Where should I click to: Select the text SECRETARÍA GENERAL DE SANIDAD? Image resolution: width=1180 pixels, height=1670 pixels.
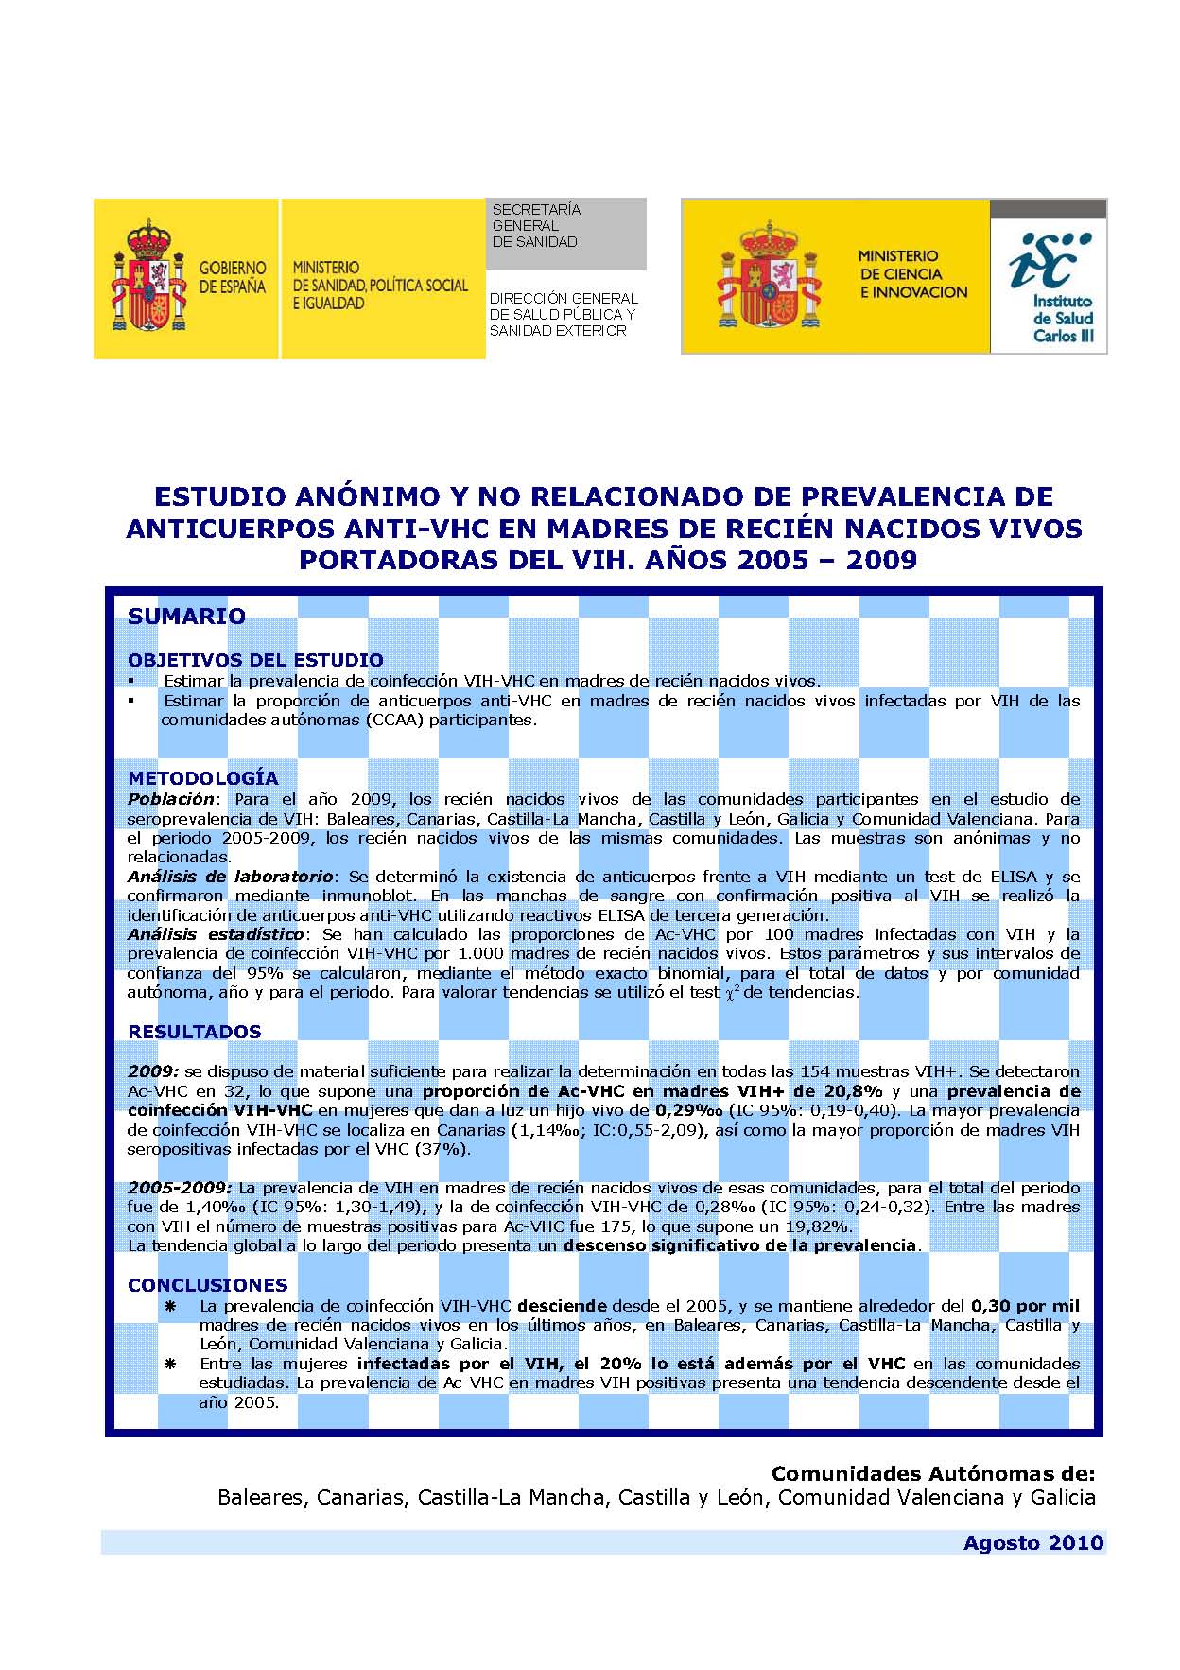tap(535, 226)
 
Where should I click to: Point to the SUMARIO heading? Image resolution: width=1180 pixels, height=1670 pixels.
tap(186, 617)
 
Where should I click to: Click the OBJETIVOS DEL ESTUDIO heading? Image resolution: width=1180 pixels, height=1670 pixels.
tap(255, 660)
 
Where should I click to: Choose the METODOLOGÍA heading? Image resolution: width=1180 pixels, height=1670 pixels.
tap(203, 778)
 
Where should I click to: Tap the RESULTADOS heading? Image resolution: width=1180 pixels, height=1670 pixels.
tap(194, 1032)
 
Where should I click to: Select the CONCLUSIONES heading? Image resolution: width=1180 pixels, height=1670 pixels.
tap(207, 1285)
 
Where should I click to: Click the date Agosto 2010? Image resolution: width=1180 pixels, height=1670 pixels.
tap(1032, 1542)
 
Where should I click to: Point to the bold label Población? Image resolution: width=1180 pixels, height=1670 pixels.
tap(171, 799)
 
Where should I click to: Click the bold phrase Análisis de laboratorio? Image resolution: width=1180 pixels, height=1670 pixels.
tap(230, 877)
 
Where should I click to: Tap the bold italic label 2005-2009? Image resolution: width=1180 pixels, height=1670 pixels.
tap(179, 1188)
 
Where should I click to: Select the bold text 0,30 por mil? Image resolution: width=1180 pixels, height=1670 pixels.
tap(1025, 1306)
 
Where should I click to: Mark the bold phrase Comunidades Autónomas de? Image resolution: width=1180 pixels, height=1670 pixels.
tap(932, 1473)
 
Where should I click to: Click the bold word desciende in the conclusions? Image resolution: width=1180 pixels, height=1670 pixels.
tap(563, 1306)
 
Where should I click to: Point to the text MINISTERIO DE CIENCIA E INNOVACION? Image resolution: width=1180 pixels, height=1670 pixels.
tap(911, 274)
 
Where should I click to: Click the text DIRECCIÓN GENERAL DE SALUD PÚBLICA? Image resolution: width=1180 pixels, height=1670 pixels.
tap(563, 305)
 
